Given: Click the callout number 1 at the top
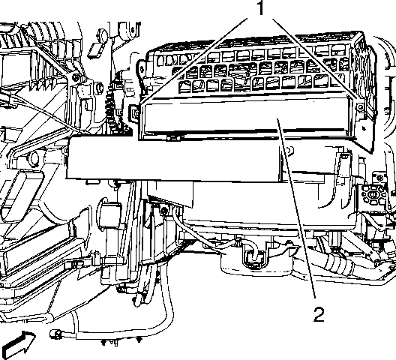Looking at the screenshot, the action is [261, 7].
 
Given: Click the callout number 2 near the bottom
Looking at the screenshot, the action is [319, 314].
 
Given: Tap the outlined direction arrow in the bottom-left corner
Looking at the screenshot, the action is [18, 345].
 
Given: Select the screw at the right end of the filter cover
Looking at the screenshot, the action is [361, 107].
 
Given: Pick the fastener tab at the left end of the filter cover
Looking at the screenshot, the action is [135, 114].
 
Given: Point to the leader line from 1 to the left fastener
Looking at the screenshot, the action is [193, 61].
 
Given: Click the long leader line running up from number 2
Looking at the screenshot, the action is [297, 208].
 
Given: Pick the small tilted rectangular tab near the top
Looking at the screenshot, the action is [94, 50].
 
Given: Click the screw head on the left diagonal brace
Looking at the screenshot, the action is [75, 76].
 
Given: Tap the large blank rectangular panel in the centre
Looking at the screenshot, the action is [174, 157].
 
